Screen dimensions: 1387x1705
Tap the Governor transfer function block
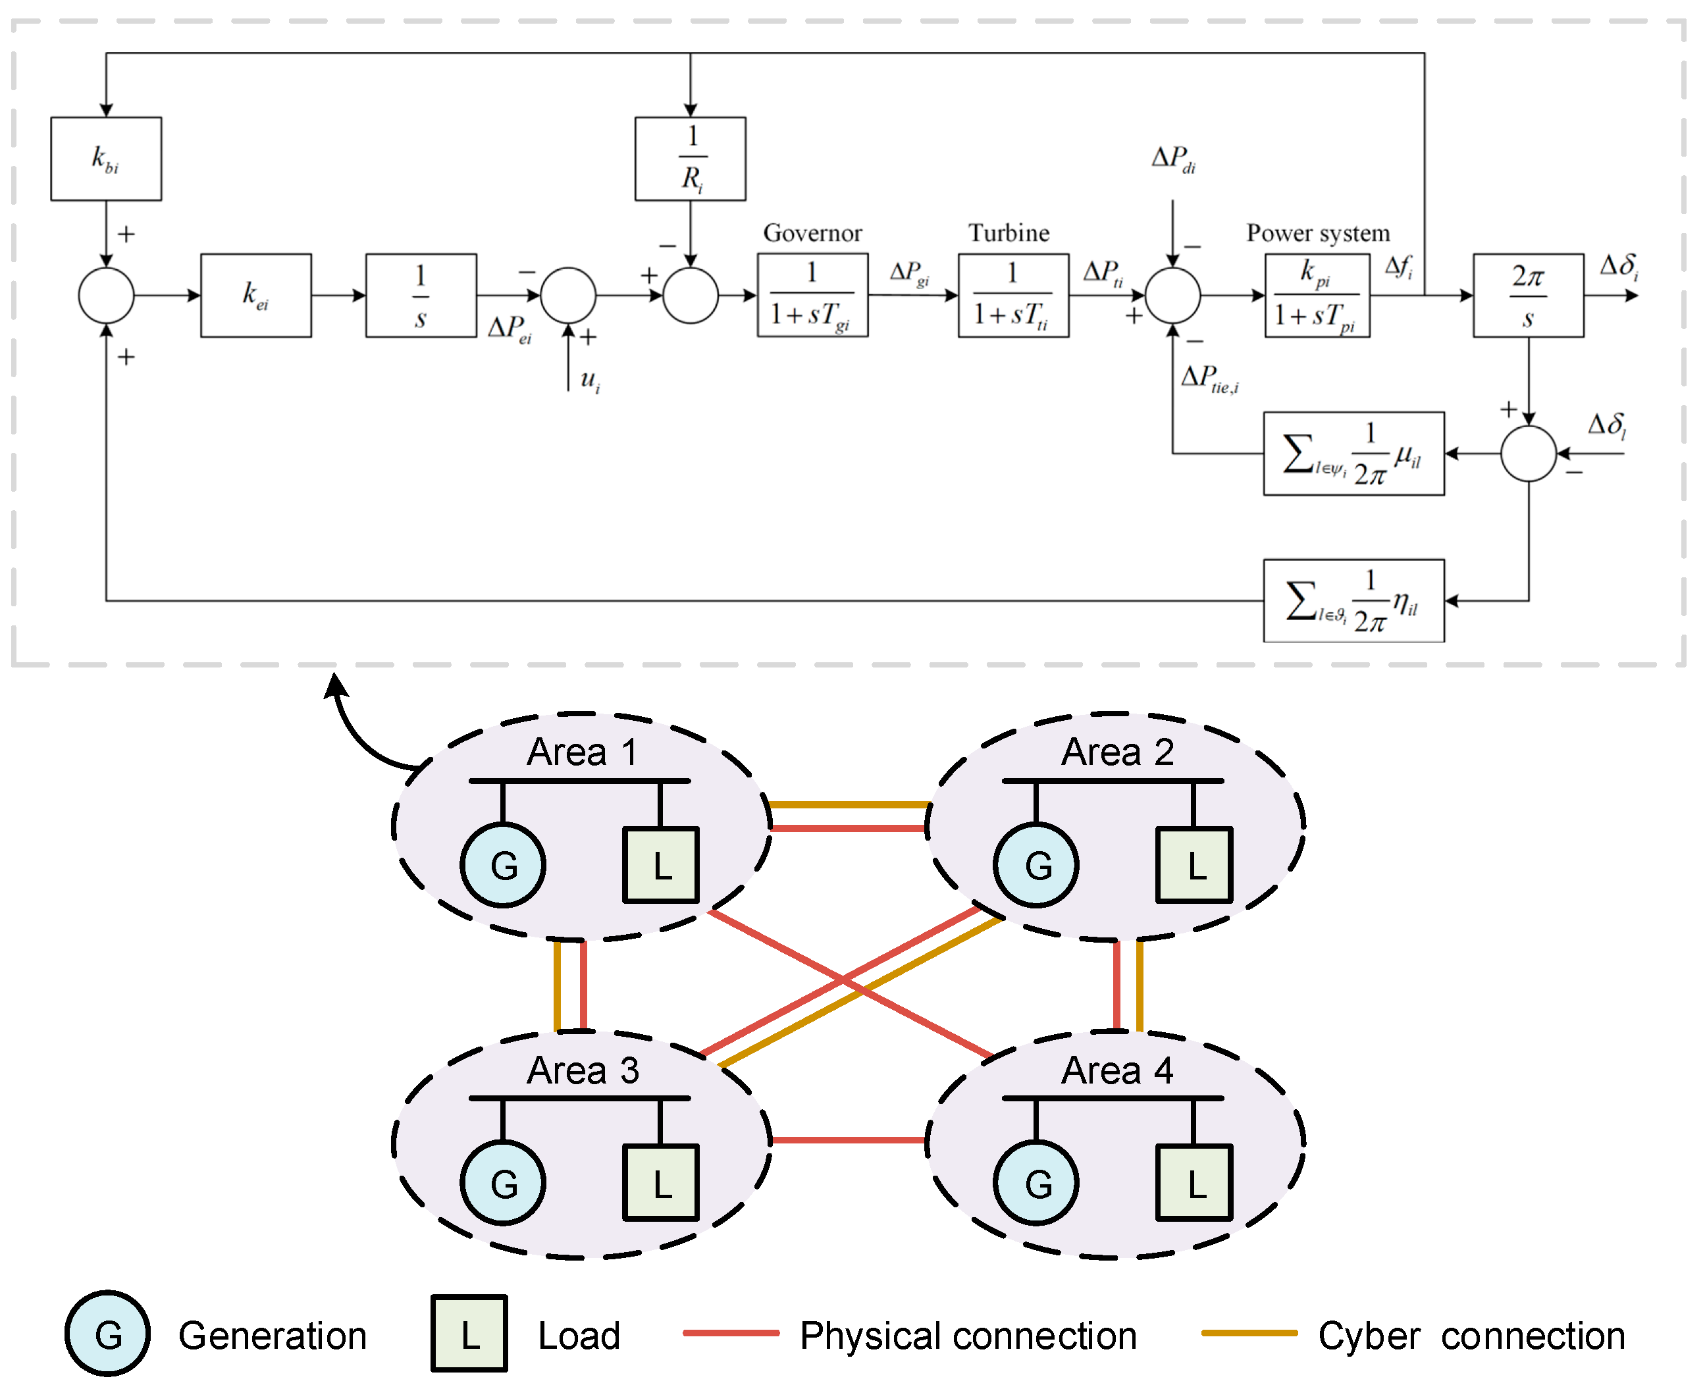point(812,295)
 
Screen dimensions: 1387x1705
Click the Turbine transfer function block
point(1012,295)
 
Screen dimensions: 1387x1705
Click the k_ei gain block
point(255,295)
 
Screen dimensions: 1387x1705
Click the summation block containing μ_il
point(1353,453)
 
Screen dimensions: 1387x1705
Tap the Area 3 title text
point(583,1070)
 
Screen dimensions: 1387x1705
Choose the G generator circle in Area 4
point(1036,1182)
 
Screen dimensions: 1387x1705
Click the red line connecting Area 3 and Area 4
point(849,1139)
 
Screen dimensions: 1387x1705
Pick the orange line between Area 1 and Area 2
point(849,804)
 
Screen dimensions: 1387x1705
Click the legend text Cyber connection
point(1470,1336)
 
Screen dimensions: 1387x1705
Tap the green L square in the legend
point(469,1334)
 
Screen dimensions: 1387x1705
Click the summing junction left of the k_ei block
point(105,295)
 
